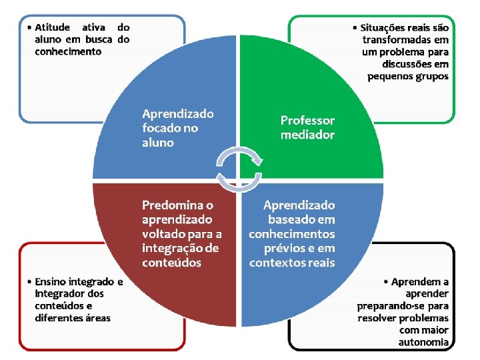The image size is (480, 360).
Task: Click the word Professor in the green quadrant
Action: point(307,121)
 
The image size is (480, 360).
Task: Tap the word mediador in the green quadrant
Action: point(307,135)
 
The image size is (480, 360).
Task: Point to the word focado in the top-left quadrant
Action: point(160,128)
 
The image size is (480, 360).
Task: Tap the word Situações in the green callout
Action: point(390,28)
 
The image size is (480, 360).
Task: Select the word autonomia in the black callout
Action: point(423,342)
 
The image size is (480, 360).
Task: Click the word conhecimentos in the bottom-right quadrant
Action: point(292,233)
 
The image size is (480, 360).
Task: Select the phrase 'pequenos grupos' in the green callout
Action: point(408,76)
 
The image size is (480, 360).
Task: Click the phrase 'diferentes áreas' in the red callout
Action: point(73,318)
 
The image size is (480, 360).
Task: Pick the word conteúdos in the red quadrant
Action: point(171,262)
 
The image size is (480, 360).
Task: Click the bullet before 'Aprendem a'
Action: point(387,282)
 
